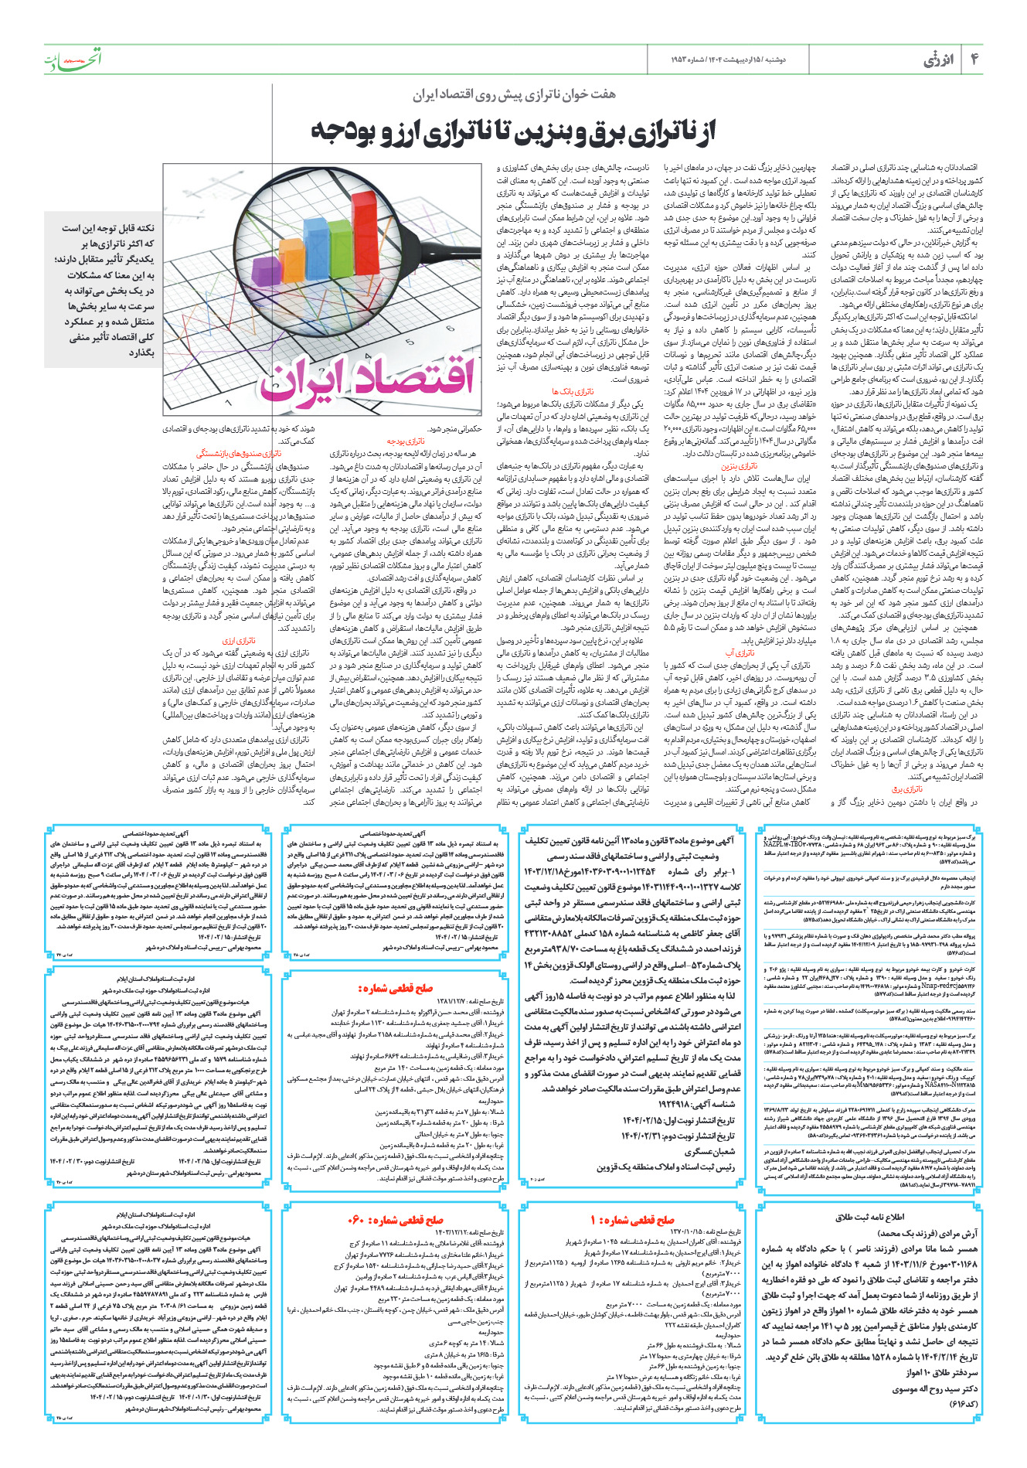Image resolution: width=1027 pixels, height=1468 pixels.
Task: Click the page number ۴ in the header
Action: (x=974, y=59)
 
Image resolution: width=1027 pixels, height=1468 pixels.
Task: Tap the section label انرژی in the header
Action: (x=939, y=60)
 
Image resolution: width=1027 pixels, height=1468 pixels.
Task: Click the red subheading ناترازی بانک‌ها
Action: (x=573, y=392)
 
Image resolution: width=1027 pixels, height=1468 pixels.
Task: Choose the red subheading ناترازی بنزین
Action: (x=739, y=466)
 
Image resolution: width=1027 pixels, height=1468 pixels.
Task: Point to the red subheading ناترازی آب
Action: (x=740, y=652)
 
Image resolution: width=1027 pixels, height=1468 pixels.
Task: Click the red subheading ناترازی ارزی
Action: (x=239, y=641)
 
